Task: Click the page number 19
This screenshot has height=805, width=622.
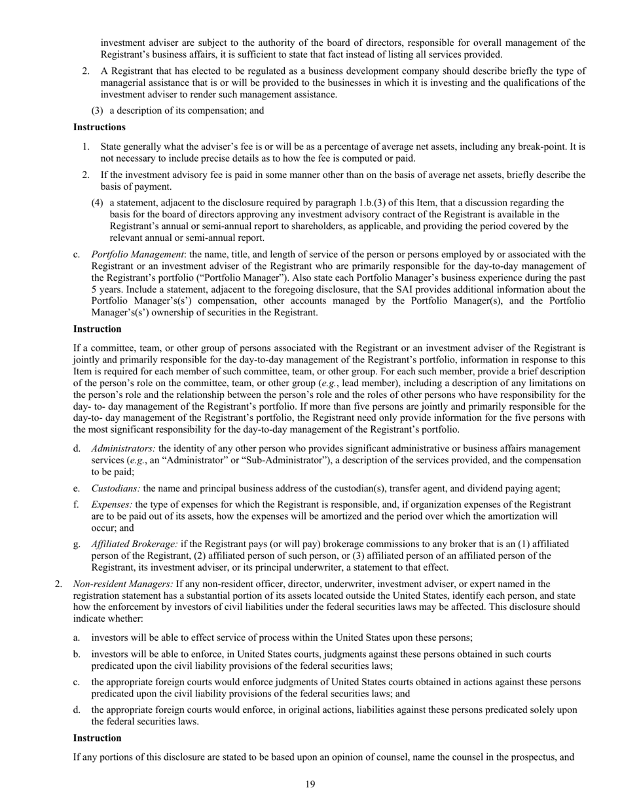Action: point(310,785)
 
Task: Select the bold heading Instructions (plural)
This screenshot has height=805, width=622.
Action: point(99,127)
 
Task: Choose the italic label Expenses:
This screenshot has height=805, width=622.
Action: point(112,505)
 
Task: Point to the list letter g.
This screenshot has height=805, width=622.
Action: point(77,544)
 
